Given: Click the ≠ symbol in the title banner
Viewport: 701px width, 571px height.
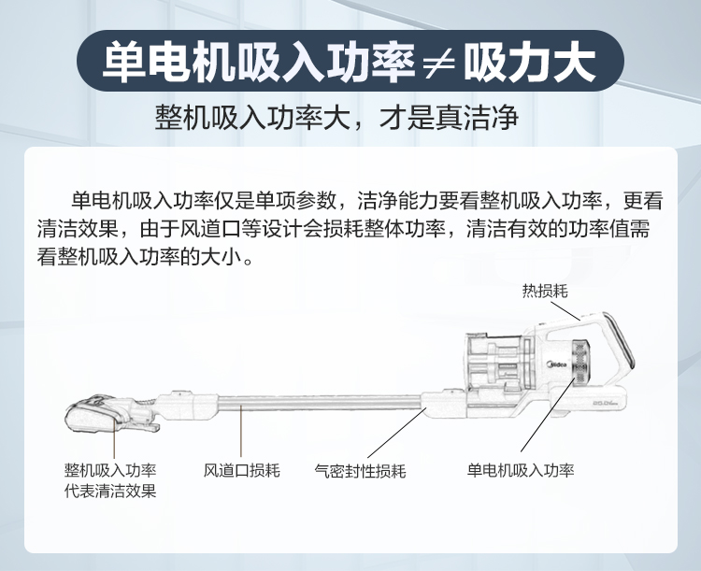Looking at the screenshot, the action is click(436, 63).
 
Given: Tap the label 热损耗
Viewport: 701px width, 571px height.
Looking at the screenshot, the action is click(545, 291).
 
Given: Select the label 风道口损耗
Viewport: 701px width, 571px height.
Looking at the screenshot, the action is click(242, 470).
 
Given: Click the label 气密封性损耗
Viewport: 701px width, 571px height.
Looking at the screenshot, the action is click(360, 470).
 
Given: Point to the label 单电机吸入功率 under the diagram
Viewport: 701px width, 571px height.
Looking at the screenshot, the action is click(521, 470).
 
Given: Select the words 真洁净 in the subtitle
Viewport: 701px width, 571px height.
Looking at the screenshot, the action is click(478, 120).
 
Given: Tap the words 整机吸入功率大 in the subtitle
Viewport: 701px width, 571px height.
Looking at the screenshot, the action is click(265, 120).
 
